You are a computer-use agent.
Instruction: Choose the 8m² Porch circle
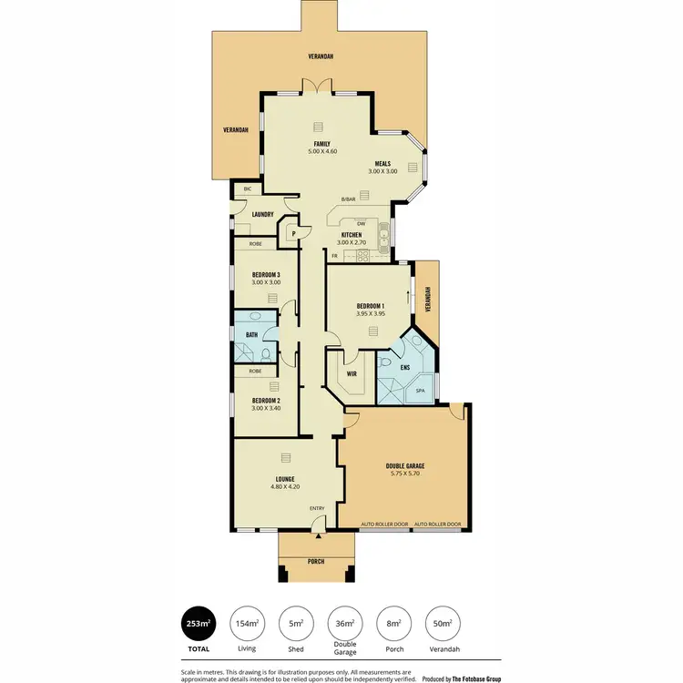394,624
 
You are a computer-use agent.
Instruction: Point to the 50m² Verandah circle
443,624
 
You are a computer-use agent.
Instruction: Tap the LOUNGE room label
285,479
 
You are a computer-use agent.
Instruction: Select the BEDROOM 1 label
371,306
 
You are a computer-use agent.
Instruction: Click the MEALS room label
382,164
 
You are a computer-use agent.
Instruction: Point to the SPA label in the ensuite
421,391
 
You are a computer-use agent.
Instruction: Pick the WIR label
352,372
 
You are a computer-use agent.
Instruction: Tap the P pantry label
294,234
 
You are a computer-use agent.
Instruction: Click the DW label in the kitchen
361,223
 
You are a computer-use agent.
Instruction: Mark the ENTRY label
317,508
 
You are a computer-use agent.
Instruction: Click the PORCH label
316,561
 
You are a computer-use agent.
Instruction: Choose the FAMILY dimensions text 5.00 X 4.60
322,151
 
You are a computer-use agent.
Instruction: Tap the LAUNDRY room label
263,215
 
